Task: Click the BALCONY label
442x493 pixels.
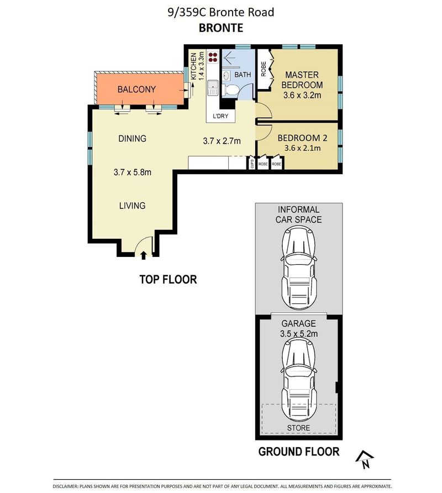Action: click(x=136, y=90)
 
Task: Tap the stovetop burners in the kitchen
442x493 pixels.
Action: click(x=213, y=56)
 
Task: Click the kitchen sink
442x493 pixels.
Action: click(x=213, y=88)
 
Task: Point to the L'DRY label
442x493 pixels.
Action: click(x=220, y=116)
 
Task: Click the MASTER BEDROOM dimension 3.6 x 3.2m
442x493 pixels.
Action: click(x=302, y=95)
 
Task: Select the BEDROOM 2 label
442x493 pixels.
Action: click(x=302, y=138)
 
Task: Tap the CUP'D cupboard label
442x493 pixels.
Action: click(x=252, y=164)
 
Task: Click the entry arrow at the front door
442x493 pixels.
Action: click(x=143, y=255)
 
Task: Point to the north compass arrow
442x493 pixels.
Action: click(x=365, y=460)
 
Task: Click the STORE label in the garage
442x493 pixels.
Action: click(x=298, y=428)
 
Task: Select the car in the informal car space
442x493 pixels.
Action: click(x=298, y=268)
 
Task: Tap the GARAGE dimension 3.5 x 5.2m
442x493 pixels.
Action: click(x=299, y=334)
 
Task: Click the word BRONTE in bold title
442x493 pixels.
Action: click(x=221, y=28)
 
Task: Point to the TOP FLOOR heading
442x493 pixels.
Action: click(x=168, y=279)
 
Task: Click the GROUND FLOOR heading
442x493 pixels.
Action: click(x=299, y=452)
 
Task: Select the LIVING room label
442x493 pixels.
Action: click(x=133, y=206)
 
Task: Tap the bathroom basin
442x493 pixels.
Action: click(x=226, y=76)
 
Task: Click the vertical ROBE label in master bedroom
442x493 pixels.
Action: click(x=264, y=69)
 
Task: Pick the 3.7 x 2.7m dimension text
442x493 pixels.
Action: click(x=222, y=141)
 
